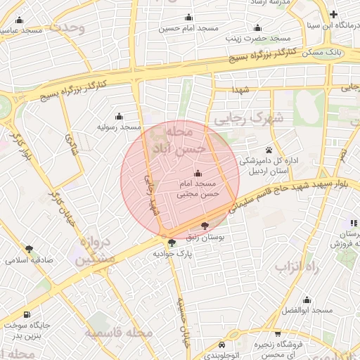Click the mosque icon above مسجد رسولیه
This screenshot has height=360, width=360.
[118, 116]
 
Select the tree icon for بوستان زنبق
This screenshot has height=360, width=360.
[205, 226]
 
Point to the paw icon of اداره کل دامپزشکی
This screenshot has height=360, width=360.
[269, 150]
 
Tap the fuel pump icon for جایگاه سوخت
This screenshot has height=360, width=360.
[27, 314]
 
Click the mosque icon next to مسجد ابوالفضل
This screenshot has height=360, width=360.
[306, 299]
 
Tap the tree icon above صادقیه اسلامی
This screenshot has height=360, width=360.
[29, 248]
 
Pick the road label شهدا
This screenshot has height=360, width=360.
[242, 89]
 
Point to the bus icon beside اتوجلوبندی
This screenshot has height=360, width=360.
[222, 345]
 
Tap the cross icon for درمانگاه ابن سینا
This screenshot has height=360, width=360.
[333, 15]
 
